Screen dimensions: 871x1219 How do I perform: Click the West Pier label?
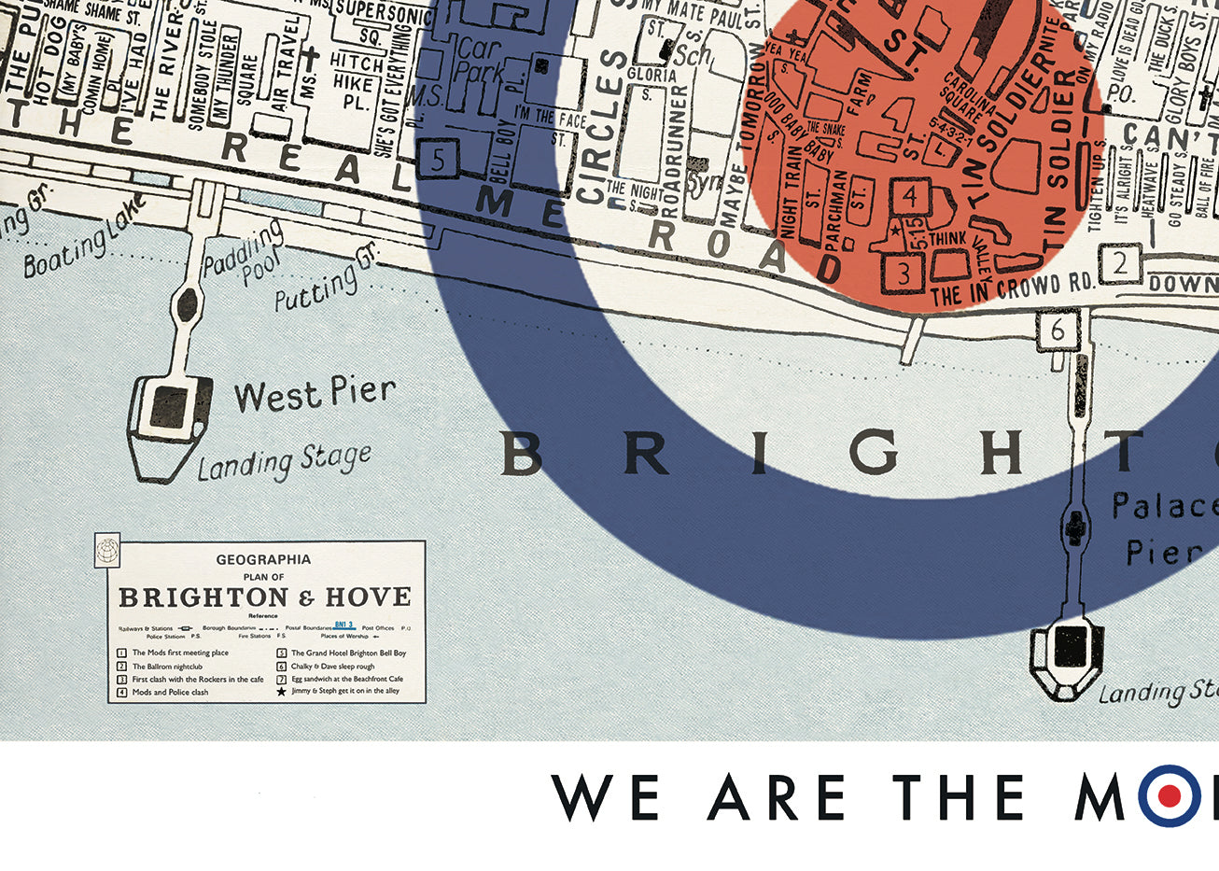pyautogui.click(x=315, y=393)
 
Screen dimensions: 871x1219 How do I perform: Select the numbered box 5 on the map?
pyautogui.click(x=439, y=159)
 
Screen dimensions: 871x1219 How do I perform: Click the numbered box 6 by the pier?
pyautogui.click(x=1058, y=330)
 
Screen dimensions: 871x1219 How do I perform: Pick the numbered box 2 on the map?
pyautogui.click(x=1120, y=263)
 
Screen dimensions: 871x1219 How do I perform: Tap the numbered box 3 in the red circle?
pyautogui.click(x=904, y=273)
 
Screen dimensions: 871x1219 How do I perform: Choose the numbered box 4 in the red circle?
pyautogui.click(x=911, y=197)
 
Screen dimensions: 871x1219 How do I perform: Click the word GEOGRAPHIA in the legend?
pyautogui.click(x=263, y=560)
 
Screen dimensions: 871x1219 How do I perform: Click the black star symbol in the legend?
pyautogui.click(x=279, y=692)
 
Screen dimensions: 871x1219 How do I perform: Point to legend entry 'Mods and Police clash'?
pyautogui.click(x=170, y=692)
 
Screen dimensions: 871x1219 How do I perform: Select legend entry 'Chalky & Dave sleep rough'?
pyautogui.click(x=332, y=667)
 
